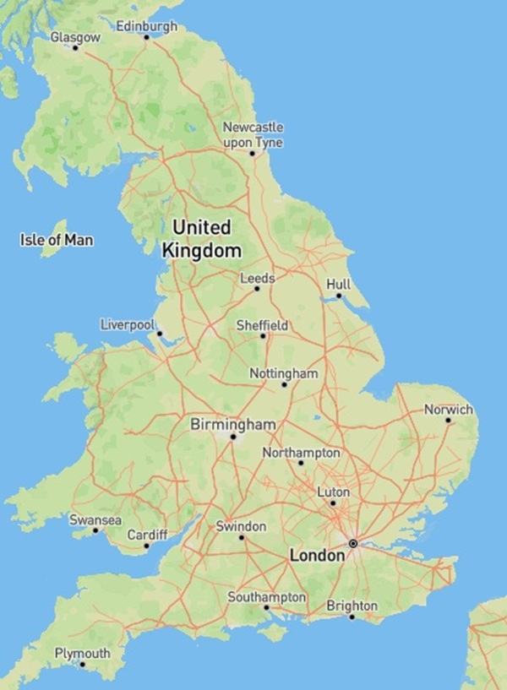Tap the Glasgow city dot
click(x=75, y=47)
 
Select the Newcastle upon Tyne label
click(x=253, y=134)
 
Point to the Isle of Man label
click(x=57, y=241)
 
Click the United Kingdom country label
click(x=201, y=239)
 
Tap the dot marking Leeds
click(x=258, y=289)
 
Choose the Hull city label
click(x=338, y=285)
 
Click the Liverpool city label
click(x=128, y=324)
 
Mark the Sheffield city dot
click(x=263, y=336)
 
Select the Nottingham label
click(x=284, y=373)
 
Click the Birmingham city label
click(x=233, y=422)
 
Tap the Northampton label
click(x=301, y=454)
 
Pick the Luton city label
click(x=333, y=492)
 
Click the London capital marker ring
click(x=353, y=542)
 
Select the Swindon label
click(x=242, y=526)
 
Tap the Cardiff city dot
click(x=146, y=546)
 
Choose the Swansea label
click(x=95, y=519)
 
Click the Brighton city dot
click(x=352, y=617)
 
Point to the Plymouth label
click(x=82, y=654)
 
